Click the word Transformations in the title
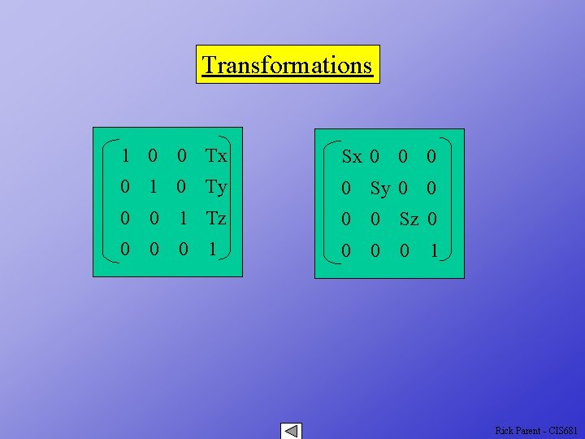(x=287, y=64)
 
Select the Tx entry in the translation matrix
(x=216, y=155)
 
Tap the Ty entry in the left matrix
(x=216, y=187)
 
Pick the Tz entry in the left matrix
(x=216, y=219)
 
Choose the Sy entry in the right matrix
(x=380, y=189)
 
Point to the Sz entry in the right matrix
(x=409, y=219)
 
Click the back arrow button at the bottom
(x=290, y=431)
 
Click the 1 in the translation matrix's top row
(x=125, y=155)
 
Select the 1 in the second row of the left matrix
(x=153, y=187)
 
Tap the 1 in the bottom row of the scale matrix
(x=434, y=252)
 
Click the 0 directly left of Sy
(x=346, y=189)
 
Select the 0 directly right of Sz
(x=432, y=219)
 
